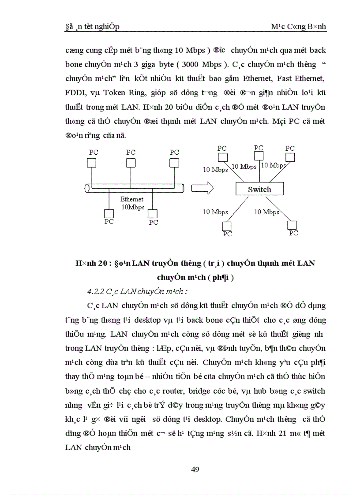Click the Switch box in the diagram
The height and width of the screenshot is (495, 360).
tap(259, 189)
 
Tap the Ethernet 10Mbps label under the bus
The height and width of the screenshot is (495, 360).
tap(132, 203)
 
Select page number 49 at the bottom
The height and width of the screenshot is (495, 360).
tap(195, 469)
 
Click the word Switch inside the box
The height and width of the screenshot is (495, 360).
tap(259, 190)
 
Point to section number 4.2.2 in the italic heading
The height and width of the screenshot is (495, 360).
tap(96, 291)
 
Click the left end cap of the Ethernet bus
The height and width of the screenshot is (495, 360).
tap(87, 189)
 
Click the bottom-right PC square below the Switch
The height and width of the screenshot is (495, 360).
tap(292, 224)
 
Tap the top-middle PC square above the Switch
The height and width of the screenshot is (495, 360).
tap(259, 156)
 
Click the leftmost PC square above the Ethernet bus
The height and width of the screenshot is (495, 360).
tap(91, 163)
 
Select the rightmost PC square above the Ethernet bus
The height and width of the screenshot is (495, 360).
tap(175, 163)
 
